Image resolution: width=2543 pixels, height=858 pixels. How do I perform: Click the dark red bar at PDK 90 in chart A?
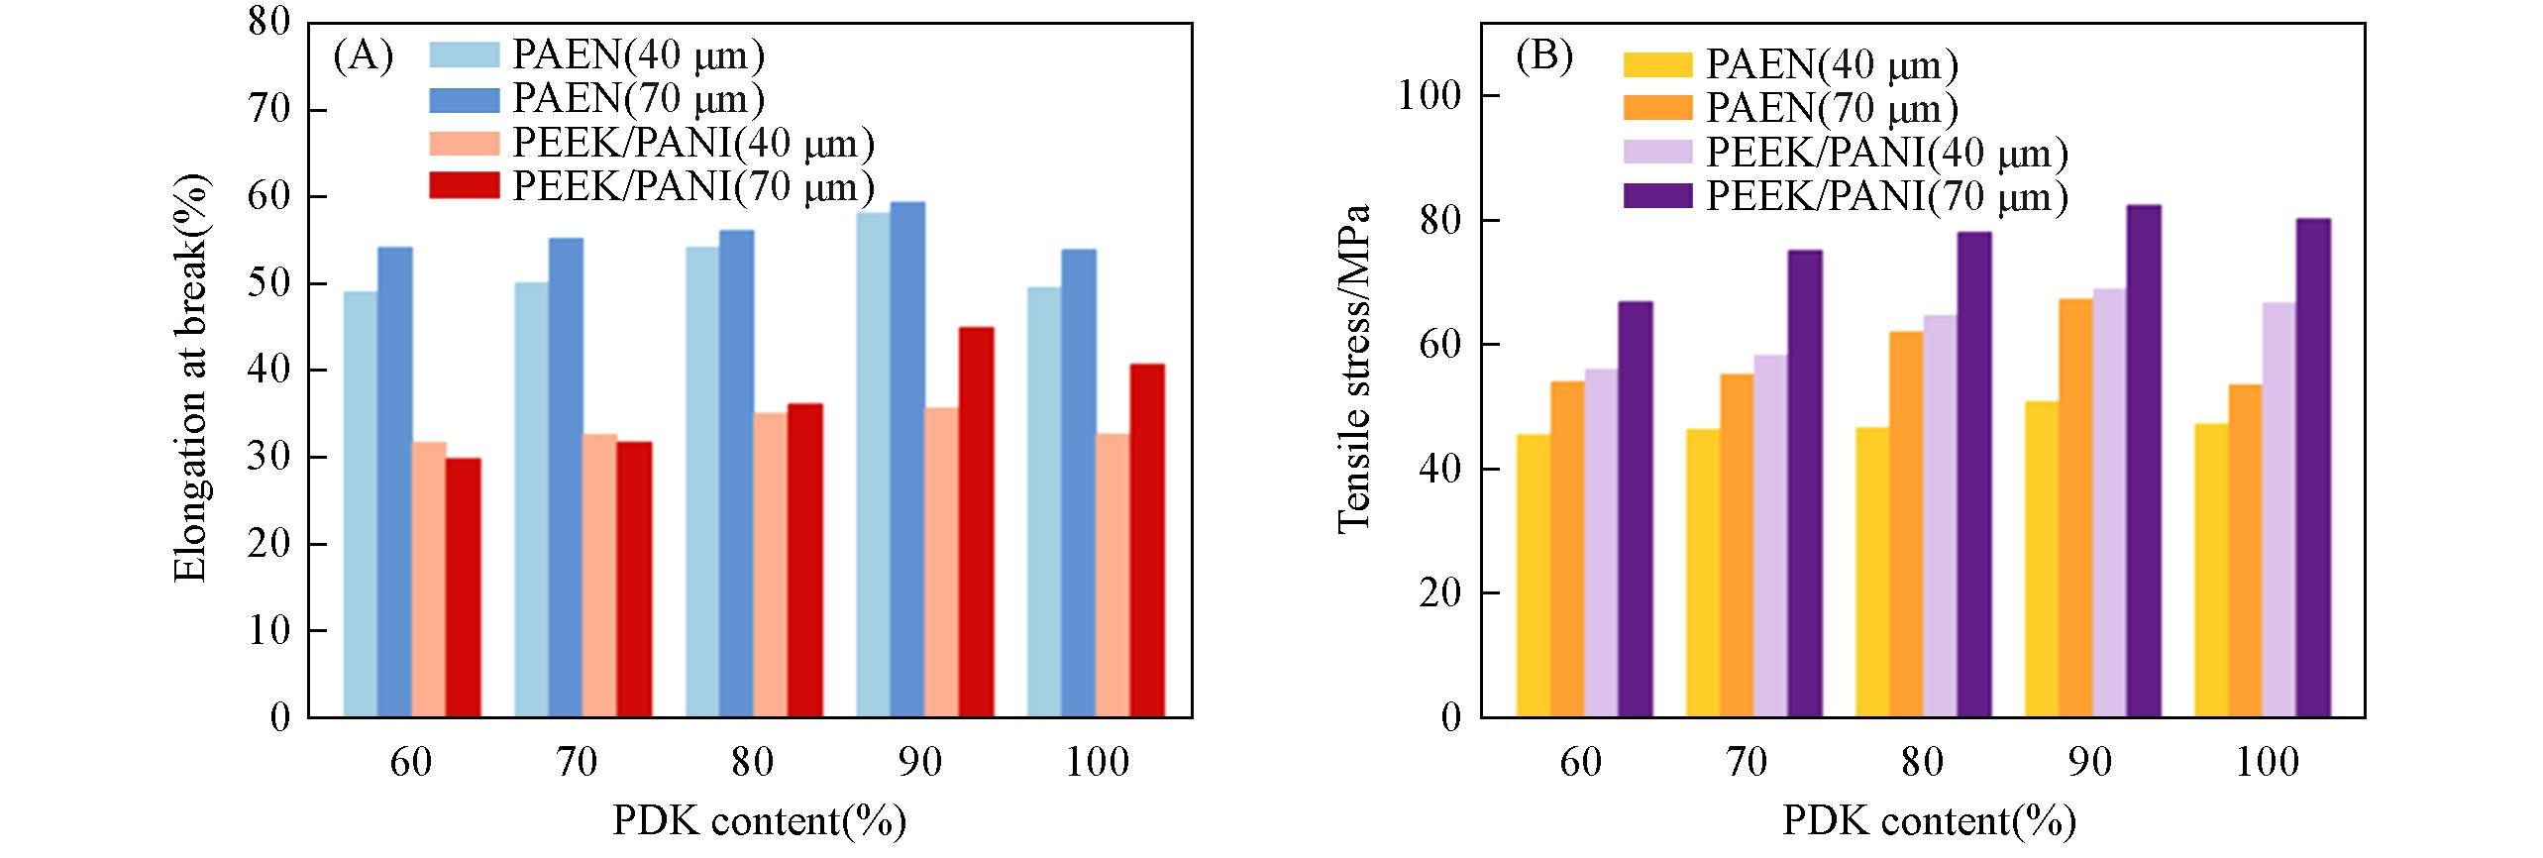click(x=976, y=522)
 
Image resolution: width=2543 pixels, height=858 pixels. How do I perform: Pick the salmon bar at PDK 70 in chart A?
click(x=599, y=576)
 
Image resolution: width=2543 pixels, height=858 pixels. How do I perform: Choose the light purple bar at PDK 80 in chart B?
click(x=1940, y=516)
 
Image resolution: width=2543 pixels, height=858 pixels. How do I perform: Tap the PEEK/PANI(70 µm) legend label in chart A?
click(x=693, y=185)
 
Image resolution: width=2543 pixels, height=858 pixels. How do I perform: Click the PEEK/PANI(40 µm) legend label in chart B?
click(x=1887, y=153)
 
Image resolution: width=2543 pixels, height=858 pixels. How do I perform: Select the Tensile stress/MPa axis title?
click(x=1354, y=370)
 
